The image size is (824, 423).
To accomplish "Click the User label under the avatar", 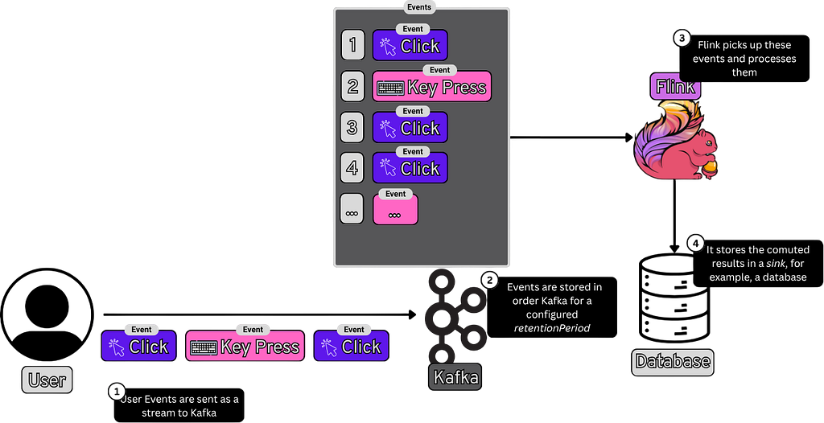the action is coord(47,380).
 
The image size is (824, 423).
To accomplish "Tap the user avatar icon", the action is coord(47,314).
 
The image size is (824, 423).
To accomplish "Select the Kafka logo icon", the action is coord(455,318).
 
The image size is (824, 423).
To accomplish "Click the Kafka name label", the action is coord(455,376).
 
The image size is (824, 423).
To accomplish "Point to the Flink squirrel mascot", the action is coord(675,140).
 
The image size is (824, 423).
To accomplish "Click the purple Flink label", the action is coord(675,86).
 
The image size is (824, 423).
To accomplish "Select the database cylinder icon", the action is coord(673,298).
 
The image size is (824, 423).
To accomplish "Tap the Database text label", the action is coord(673,362).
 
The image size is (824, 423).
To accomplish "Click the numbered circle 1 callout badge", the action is coord(116,392).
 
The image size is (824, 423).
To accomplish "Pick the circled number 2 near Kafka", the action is coord(489,280).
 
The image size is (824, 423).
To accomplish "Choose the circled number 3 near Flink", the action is coord(682,38).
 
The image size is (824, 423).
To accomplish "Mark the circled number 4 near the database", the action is coord(695,244).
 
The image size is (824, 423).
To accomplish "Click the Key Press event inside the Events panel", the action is coord(432,86).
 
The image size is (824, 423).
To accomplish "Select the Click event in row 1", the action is coord(410,45).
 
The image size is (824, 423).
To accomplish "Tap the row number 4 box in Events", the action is coord(352,168).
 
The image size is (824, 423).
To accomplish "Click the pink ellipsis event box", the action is coord(395,209).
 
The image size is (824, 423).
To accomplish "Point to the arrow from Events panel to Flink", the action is coord(572,138).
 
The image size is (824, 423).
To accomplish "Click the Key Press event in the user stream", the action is coord(245,346).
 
